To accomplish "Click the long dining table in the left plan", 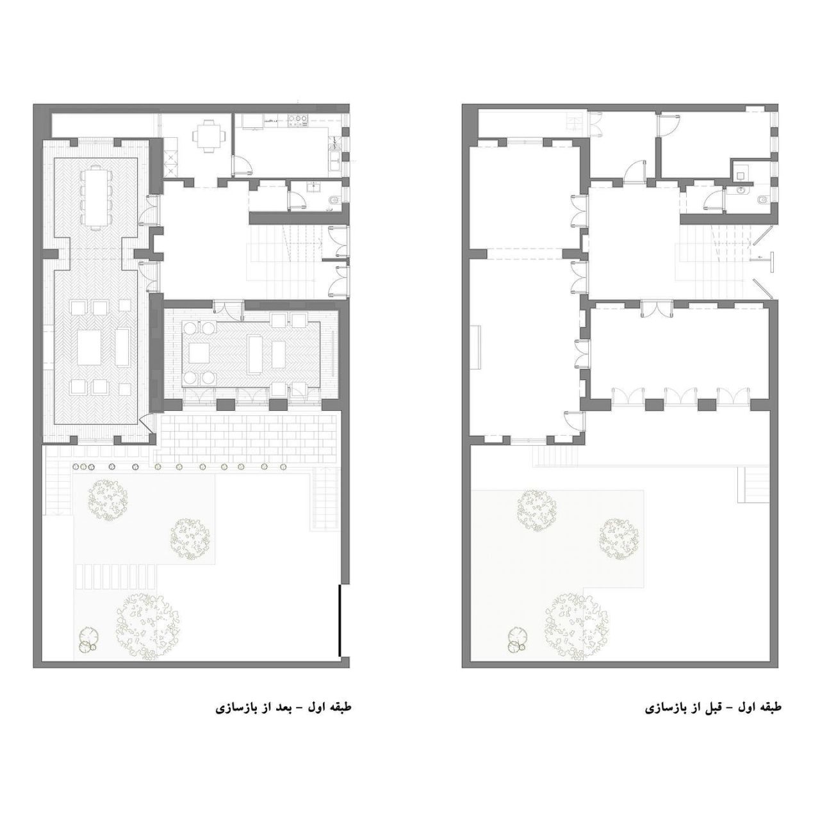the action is point(95,199).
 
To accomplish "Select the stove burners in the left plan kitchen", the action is point(299,120).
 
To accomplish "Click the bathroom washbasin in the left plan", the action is point(315,187).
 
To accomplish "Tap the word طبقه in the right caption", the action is point(769,708).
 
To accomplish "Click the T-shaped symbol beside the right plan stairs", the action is point(769,258).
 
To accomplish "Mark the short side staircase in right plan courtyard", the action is point(753,485).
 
